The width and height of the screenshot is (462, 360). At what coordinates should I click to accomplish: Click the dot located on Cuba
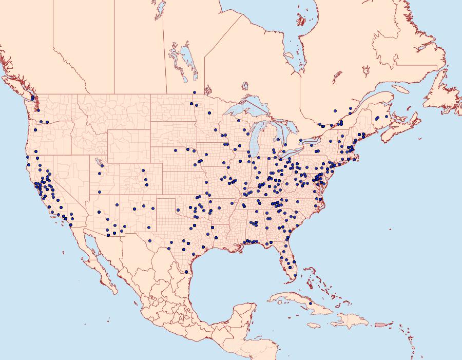coord(311,304)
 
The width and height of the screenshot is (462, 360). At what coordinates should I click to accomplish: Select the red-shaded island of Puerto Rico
coord(380,324)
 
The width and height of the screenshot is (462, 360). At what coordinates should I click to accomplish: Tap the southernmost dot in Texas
coord(186,272)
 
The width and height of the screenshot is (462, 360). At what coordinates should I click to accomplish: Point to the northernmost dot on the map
coord(194,92)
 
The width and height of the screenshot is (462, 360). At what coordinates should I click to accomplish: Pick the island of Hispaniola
coord(352,321)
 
